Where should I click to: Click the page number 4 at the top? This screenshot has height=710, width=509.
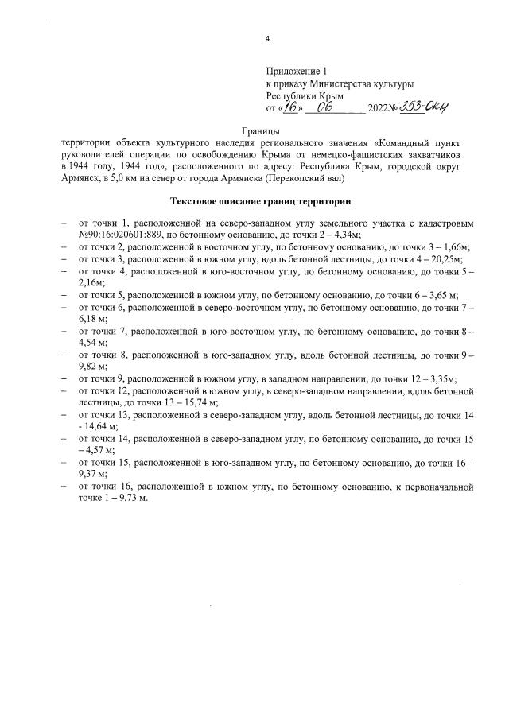pyautogui.click(x=268, y=39)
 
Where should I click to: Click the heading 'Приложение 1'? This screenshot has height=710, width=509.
pyautogui.click(x=296, y=71)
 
